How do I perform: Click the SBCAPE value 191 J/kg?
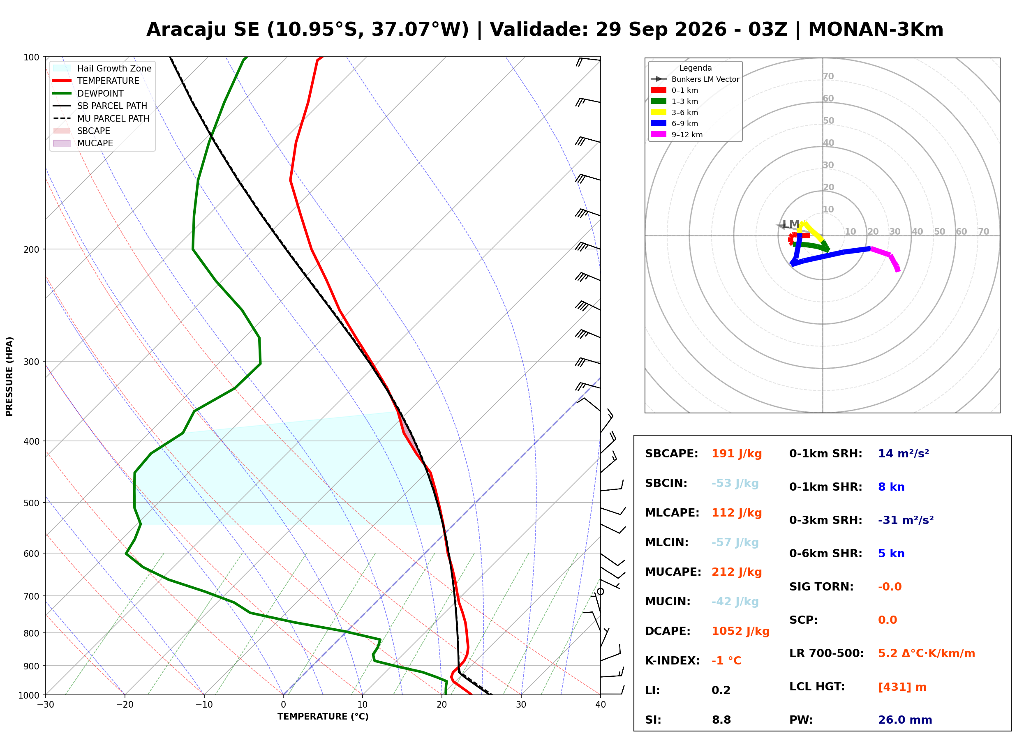point(737,454)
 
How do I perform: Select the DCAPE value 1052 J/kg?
point(740,631)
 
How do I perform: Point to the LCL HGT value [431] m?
point(902,687)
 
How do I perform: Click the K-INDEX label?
point(672,661)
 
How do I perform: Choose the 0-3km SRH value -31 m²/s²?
point(906,520)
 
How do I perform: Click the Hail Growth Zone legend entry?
point(102,68)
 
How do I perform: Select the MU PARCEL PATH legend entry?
point(101,118)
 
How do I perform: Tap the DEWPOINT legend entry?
point(88,93)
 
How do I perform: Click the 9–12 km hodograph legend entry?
point(677,135)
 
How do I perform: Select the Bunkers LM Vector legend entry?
point(695,79)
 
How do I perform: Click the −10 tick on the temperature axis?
point(204,705)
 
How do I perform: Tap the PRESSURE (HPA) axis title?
point(9,376)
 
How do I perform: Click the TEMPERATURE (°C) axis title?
point(323,717)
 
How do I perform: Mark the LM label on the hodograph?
point(791,224)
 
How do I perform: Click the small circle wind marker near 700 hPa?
point(601,592)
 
